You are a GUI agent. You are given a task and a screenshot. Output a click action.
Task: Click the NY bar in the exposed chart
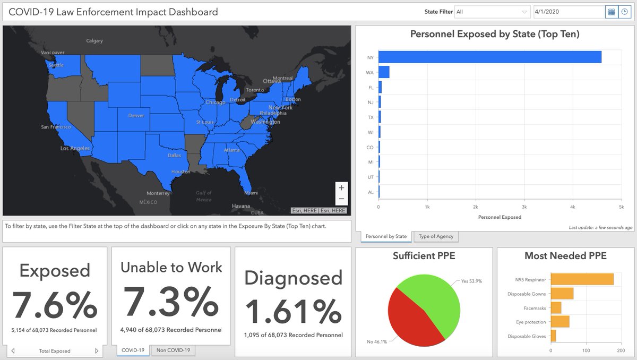(x=489, y=57)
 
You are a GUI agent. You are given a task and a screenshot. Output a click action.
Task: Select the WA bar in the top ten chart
(x=384, y=72)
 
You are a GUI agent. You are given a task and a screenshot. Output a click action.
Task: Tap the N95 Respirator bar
(x=582, y=279)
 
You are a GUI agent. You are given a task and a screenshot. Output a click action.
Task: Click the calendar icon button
(x=612, y=12)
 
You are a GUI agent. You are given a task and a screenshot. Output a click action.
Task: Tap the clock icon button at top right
(x=624, y=12)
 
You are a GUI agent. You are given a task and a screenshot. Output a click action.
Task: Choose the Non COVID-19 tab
(x=173, y=350)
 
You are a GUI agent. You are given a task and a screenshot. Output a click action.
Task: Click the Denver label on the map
(x=136, y=115)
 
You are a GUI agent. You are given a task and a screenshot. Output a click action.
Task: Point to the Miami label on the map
(x=251, y=193)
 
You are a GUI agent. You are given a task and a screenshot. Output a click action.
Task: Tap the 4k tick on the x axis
(x=572, y=206)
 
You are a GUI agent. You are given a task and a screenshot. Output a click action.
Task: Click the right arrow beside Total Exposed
(x=97, y=351)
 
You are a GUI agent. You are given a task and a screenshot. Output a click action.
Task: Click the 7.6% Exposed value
(x=54, y=305)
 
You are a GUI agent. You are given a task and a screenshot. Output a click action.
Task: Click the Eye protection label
(x=530, y=322)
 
